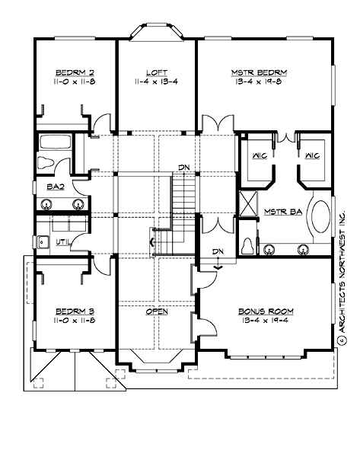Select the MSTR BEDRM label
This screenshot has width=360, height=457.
260,74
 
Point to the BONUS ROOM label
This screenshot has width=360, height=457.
266,311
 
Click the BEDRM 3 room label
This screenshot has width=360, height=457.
74,311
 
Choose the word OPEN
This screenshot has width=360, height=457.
157,311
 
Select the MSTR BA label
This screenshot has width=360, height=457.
279,212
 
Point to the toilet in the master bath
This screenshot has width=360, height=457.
247,245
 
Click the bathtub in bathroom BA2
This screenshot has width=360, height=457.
55,142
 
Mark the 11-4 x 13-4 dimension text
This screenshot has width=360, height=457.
157,83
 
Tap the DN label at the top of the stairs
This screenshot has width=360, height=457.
184,167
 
